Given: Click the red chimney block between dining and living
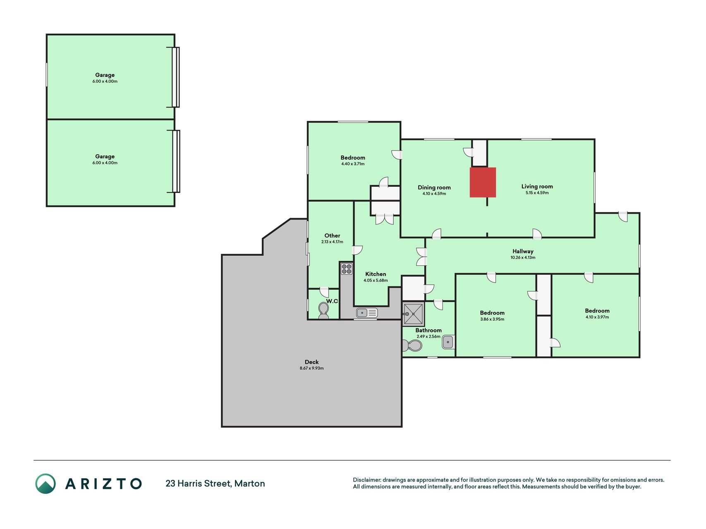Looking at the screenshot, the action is tap(483, 182).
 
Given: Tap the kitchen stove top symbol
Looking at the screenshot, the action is tap(347, 269).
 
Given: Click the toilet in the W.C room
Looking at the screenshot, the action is tap(323, 311).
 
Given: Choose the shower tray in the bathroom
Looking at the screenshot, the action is tap(413, 314).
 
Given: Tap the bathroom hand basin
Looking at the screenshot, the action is tap(448, 342).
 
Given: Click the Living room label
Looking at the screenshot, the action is tap(537, 186).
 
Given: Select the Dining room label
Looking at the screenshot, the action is tap(434, 188).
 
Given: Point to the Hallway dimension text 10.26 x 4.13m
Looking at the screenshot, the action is tap(523, 257).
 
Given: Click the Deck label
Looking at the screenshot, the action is tap(311, 362).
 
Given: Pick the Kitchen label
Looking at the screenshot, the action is tap(376, 274).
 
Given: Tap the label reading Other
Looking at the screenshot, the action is tap(332, 236).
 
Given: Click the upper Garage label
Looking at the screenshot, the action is tap(105, 75).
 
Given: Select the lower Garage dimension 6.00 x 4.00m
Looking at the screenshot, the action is tap(105, 163).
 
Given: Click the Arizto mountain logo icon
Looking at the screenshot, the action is tap(45, 484).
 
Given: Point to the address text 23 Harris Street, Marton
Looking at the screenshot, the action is tap(215, 484).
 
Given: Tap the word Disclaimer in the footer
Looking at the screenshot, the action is tap(366, 480).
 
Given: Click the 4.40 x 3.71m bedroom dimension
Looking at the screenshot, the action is tap(353, 164).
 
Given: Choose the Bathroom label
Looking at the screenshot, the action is tap(428, 330).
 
